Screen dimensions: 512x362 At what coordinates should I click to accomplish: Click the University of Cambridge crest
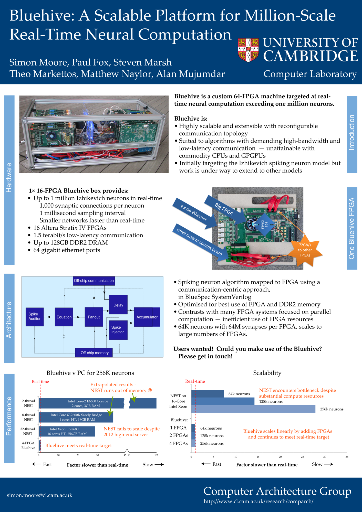tap(248, 50)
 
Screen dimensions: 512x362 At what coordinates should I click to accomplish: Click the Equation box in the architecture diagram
tap(64, 317)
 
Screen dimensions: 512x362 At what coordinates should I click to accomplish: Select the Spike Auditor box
tap(35, 317)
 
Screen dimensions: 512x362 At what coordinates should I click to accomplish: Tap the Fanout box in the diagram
tap(94, 317)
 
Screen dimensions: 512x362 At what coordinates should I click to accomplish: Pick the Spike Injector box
tap(118, 330)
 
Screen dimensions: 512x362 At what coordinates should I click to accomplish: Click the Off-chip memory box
tap(94, 353)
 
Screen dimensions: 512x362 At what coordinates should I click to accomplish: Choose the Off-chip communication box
tap(94, 281)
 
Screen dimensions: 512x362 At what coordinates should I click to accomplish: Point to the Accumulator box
tap(147, 317)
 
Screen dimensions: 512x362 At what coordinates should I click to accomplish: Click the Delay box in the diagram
tap(118, 305)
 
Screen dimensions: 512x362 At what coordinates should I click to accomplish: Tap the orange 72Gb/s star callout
tap(305, 250)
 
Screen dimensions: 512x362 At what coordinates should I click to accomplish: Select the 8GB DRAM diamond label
tap(264, 225)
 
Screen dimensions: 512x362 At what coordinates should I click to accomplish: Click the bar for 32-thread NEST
tap(67, 431)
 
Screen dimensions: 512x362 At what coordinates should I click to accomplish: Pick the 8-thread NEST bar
tap(76, 417)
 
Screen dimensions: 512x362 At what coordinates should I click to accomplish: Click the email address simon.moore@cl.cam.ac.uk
tap(40, 495)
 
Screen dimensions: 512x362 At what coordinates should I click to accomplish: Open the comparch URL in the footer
tap(258, 501)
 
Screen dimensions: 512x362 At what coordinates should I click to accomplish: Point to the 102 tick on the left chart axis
tap(157, 455)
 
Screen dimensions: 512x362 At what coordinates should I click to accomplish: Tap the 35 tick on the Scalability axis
tap(347, 457)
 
